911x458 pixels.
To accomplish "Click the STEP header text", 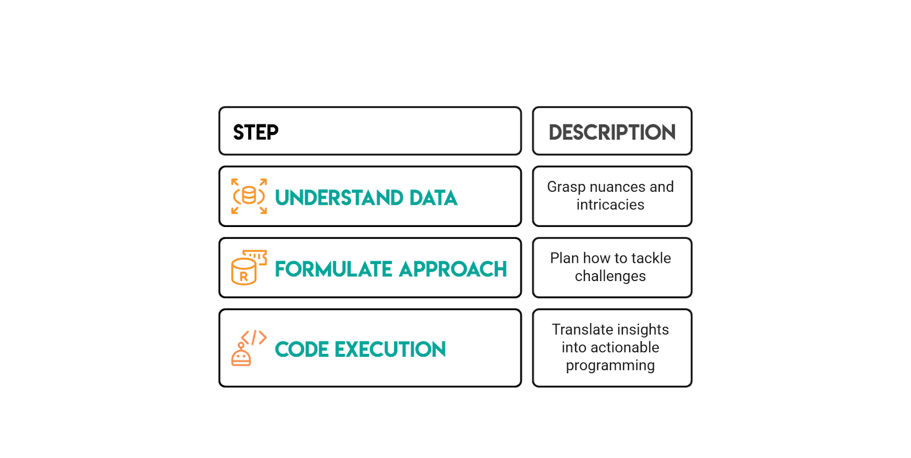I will (x=256, y=133).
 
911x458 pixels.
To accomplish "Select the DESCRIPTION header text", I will (x=612, y=133).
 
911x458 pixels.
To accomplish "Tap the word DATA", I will (x=433, y=198).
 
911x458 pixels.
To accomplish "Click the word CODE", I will (x=302, y=349).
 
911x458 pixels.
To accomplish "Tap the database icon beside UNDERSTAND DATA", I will (x=249, y=196).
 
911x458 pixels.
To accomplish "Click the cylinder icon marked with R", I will (x=244, y=272).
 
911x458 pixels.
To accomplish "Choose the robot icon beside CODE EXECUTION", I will (x=241, y=355).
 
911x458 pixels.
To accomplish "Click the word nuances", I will (x=617, y=187).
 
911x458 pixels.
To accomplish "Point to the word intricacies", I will (x=610, y=205).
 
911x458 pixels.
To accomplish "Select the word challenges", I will (x=610, y=277).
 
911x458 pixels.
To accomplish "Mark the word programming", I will (x=610, y=366).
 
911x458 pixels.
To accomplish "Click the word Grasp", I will (x=566, y=187).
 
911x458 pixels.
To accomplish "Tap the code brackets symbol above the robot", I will (x=254, y=337).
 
